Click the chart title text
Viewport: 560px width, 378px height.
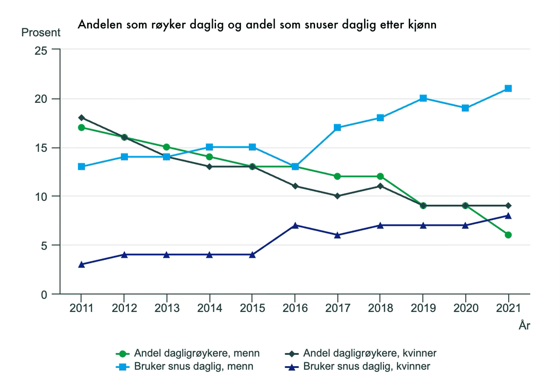257,25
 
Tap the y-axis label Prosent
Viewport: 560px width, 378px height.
41,33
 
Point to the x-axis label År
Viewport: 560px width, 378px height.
524,326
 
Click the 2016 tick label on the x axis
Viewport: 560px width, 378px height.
295,308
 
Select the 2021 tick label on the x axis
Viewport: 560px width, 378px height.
508,308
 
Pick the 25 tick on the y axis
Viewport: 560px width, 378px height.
41,50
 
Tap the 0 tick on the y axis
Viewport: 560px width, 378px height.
44,294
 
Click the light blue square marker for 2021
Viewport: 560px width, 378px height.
508,88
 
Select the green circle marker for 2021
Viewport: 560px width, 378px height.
508,235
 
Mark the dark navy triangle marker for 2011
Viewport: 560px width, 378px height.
82,264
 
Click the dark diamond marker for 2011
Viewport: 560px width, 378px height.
82,118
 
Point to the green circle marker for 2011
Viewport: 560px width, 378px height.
82,128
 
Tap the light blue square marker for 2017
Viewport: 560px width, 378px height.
337,128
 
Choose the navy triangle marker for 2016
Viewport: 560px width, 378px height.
295,225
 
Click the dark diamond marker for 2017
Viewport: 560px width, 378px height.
337,196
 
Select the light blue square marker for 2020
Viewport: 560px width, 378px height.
465,108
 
